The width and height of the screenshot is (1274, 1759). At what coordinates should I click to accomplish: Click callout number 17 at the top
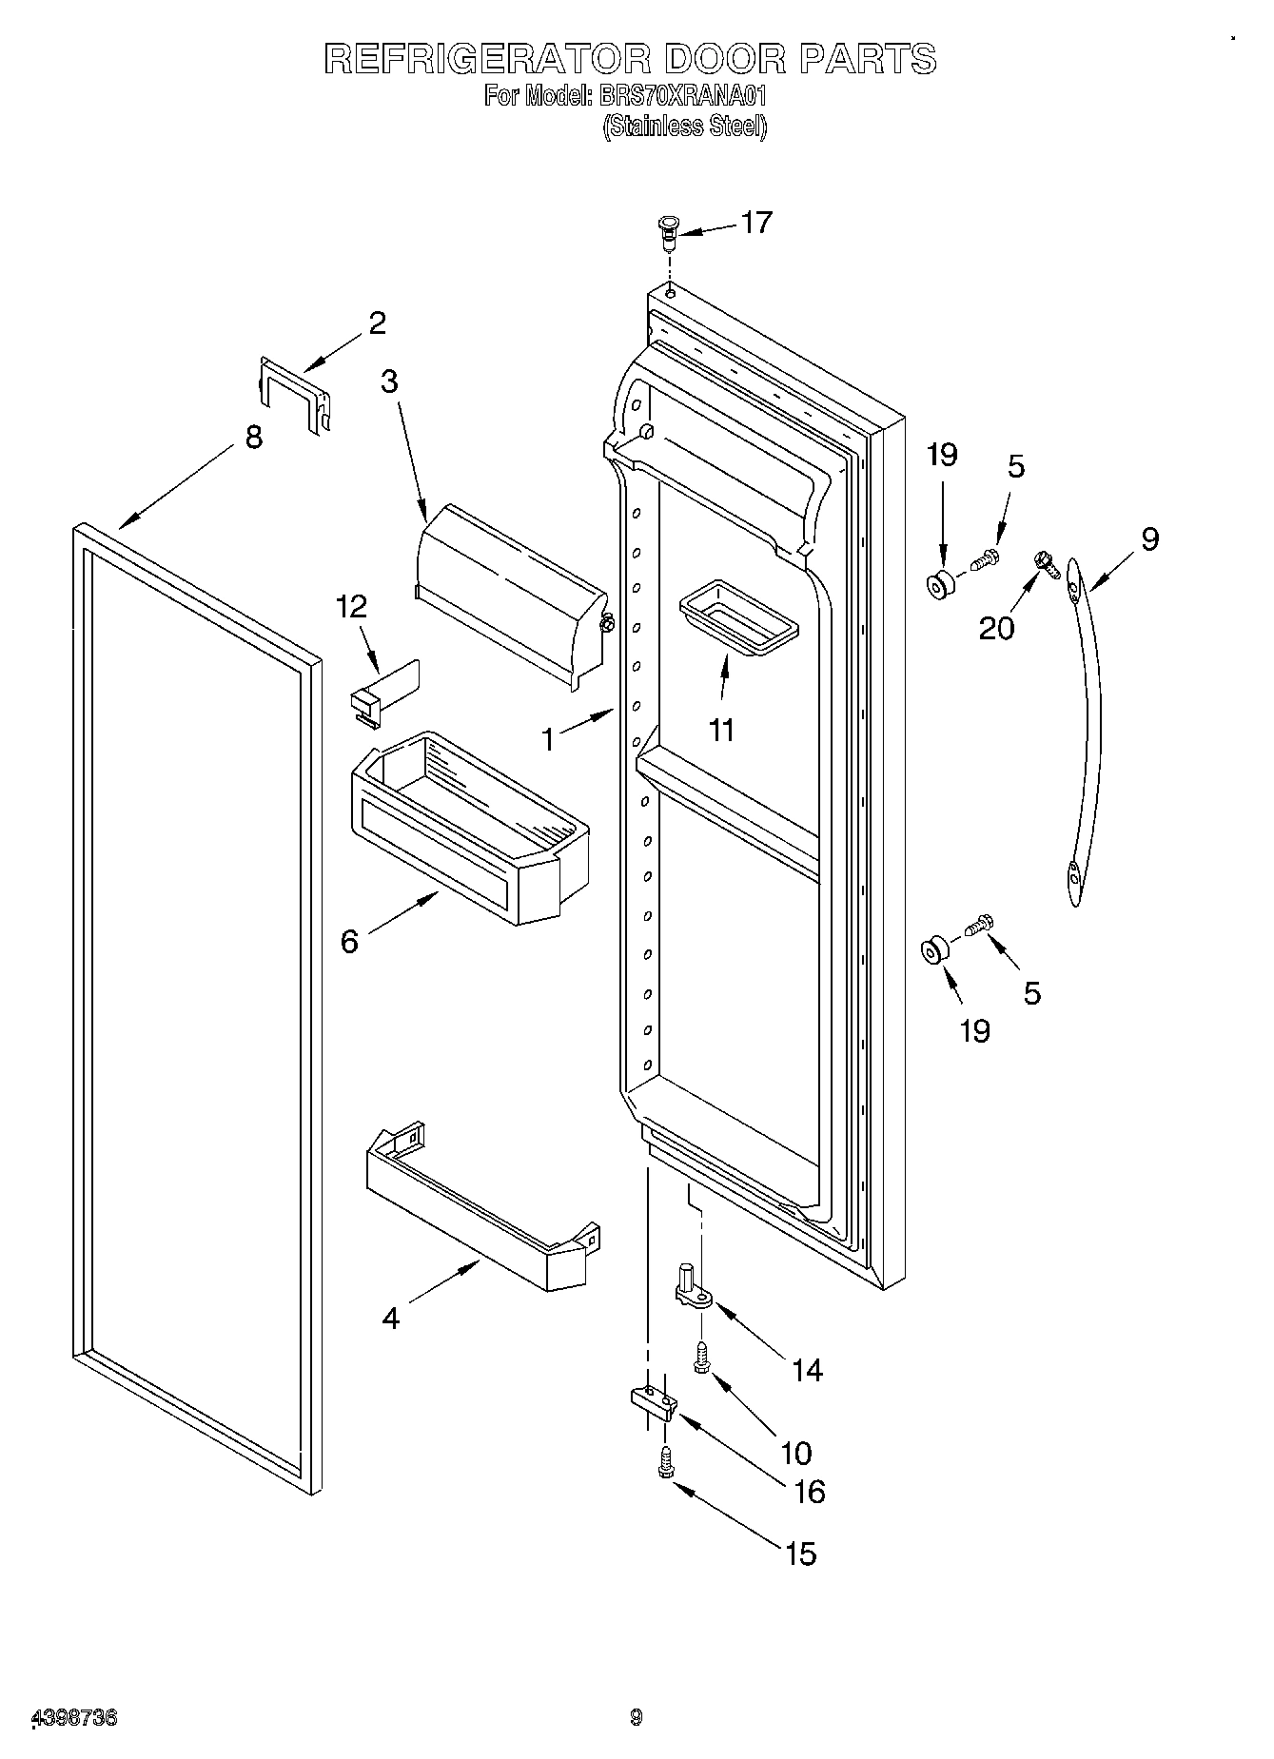(x=756, y=223)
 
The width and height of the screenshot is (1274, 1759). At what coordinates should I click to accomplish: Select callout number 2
(x=377, y=323)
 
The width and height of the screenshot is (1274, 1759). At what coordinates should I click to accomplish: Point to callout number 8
(x=252, y=439)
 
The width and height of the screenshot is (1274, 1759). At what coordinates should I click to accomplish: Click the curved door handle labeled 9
(x=1086, y=733)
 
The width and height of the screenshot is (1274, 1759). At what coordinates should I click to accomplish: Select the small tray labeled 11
(x=739, y=623)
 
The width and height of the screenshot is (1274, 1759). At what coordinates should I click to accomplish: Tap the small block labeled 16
(x=653, y=1401)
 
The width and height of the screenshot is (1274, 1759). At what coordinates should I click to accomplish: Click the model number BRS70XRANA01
(x=682, y=96)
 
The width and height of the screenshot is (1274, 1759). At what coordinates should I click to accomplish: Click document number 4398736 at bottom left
(x=75, y=1718)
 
